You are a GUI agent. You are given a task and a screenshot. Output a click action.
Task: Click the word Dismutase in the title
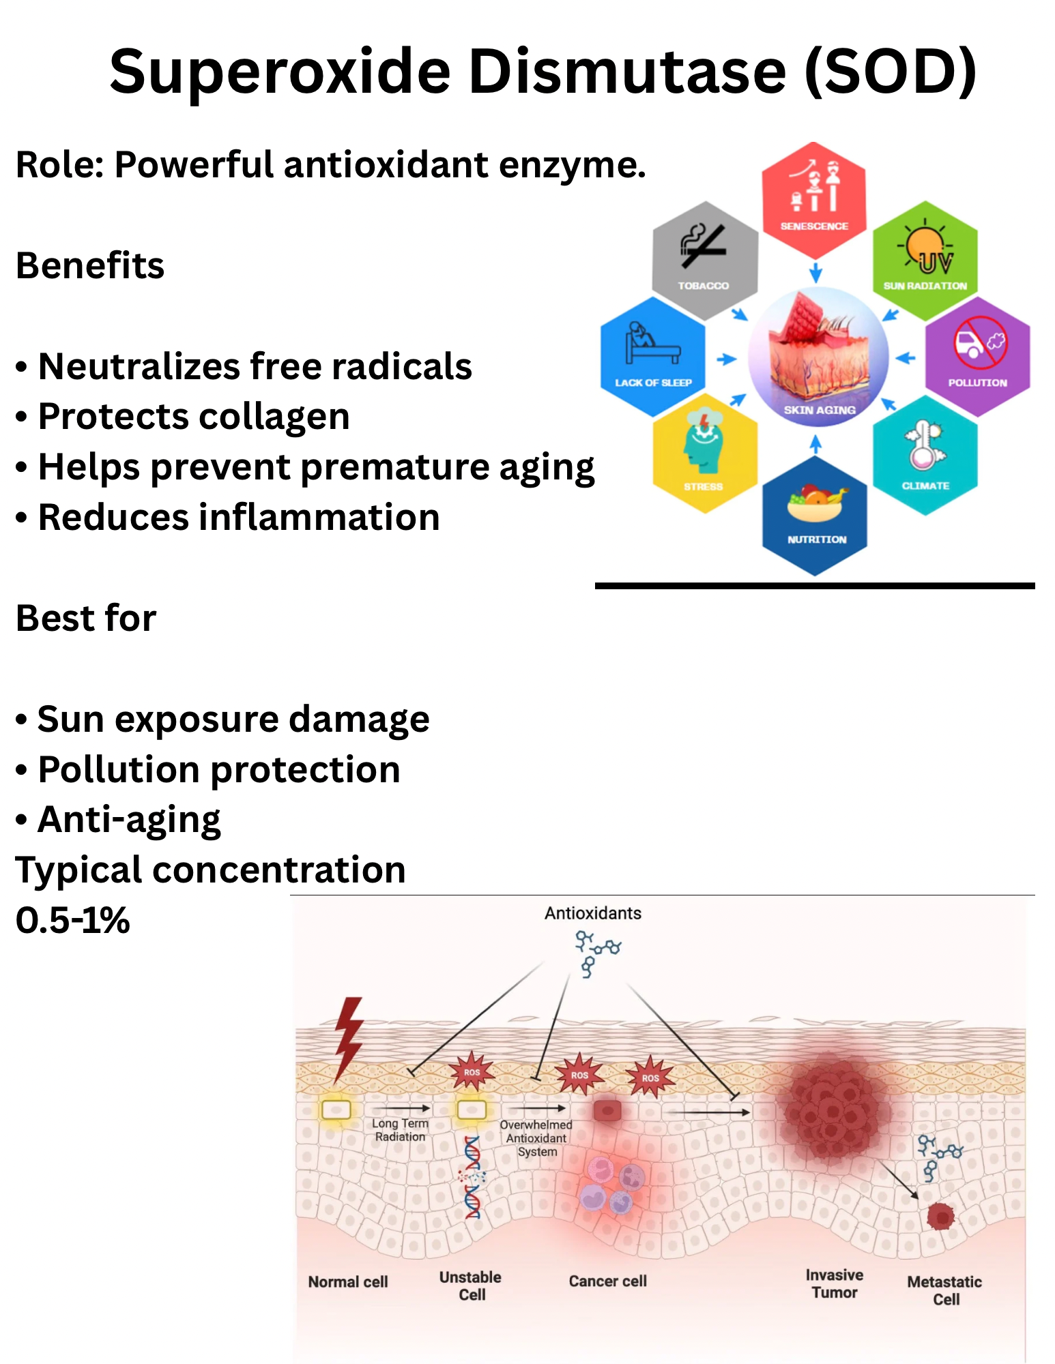coord(627,72)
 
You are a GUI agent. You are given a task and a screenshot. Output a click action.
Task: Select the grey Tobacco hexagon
coord(704,260)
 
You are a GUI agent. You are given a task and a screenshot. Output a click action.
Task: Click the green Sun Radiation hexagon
coord(925,260)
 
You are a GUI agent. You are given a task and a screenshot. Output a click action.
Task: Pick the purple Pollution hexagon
coord(977,356)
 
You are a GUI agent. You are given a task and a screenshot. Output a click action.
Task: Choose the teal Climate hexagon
coord(925,454)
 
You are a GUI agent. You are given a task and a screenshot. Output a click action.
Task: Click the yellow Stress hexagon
coord(704,453)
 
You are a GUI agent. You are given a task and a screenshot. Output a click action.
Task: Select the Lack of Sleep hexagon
coord(653,356)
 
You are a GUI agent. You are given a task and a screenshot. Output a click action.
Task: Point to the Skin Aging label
coord(819,410)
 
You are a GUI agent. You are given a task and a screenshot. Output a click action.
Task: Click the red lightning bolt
coord(349,1037)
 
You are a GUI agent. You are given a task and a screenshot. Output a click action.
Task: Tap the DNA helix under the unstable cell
coord(472,1177)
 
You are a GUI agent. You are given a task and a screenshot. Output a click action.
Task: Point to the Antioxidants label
coord(592,913)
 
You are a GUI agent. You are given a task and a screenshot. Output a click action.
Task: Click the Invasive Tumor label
coord(834,1284)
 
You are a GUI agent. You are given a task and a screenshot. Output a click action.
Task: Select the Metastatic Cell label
coord(944,1290)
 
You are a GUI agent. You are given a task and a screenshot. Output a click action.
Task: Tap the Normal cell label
coord(348,1282)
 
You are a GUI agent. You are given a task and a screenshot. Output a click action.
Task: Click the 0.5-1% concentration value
coord(72,920)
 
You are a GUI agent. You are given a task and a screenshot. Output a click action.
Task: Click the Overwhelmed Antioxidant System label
coord(536,1138)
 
